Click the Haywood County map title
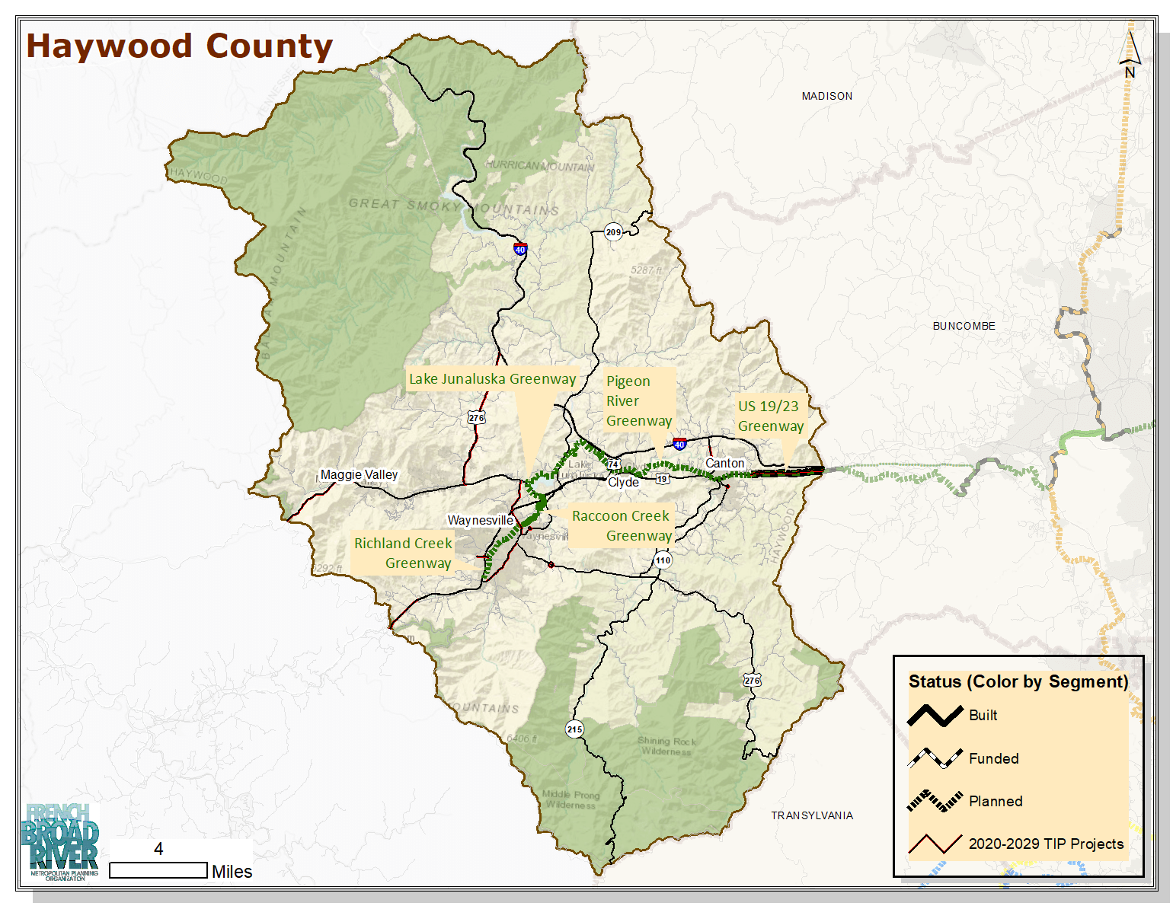(180, 46)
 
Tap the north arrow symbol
(1130, 52)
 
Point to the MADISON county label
(826, 96)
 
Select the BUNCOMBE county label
(964, 326)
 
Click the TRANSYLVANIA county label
(811, 815)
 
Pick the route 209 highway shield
(613, 232)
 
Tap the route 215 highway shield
(574, 729)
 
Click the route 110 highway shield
(663, 560)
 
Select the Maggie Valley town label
(359, 474)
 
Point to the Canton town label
(724, 463)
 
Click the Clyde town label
(623, 482)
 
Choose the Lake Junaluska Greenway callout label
(492, 379)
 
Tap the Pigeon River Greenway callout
(638, 400)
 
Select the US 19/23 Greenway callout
(770, 416)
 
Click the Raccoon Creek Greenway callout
(621, 525)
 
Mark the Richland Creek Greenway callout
(403, 553)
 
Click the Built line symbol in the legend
(935, 716)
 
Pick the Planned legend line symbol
(935, 801)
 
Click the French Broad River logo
(63, 840)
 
